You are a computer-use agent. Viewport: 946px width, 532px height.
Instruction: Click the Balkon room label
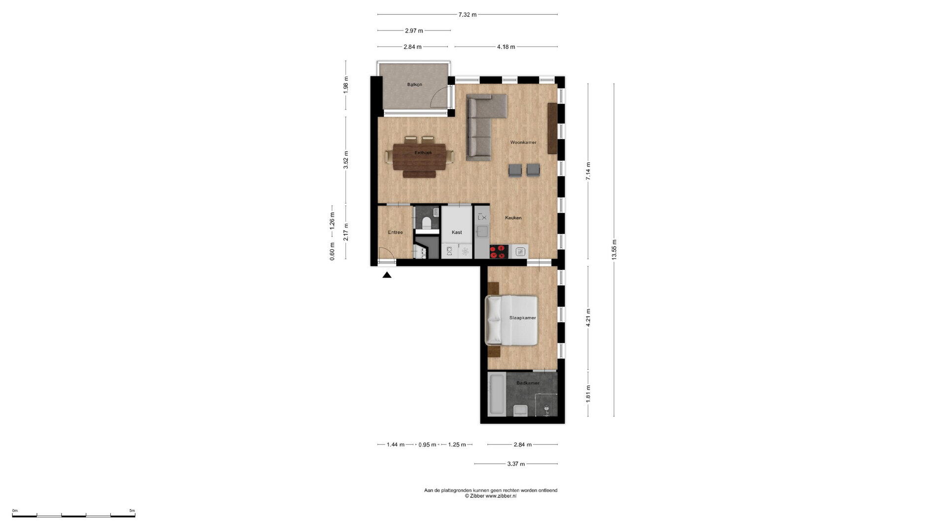(x=414, y=85)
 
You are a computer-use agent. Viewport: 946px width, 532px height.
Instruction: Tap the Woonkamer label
(x=523, y=142)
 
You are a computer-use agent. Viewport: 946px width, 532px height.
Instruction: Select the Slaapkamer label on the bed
(x=522, y=318)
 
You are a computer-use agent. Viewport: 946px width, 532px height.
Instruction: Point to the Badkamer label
(x=528, y=383)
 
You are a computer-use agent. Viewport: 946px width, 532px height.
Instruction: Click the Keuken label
(x=513, y=218)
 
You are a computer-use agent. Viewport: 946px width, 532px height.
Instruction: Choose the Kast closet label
(x=457, y=232)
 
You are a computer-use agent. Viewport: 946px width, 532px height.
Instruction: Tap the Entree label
(x=395, y=232)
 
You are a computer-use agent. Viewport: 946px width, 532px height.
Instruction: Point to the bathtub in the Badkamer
(x=496, y=394)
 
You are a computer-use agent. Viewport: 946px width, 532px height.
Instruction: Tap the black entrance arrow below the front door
(x=387, y=275)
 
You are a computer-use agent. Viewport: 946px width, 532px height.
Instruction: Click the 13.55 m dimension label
(x=614, y=250)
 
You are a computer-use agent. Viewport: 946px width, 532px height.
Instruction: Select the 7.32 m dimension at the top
(x=468, y=15)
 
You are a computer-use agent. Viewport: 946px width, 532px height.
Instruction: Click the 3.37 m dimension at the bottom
(x=516, y=464)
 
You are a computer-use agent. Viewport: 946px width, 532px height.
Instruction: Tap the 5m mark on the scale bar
(x=132, y=511)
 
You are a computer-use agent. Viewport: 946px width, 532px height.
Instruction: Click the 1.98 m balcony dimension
(x=346, y=85)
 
